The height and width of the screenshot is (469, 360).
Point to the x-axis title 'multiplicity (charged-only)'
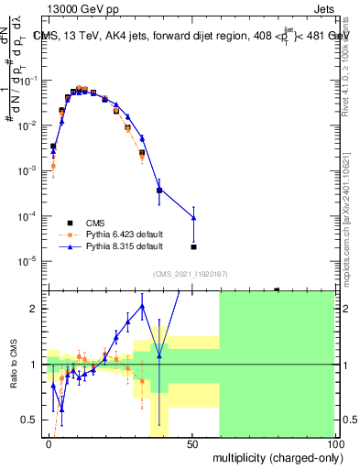point(274,456)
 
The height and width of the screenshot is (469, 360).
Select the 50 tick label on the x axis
point(191,442)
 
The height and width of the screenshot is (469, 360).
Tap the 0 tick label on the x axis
point(49,442)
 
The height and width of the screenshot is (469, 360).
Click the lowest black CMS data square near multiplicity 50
point(193,246)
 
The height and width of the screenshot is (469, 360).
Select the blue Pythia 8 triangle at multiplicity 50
point(193,217)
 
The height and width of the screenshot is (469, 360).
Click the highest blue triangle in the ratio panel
point(143,306)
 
